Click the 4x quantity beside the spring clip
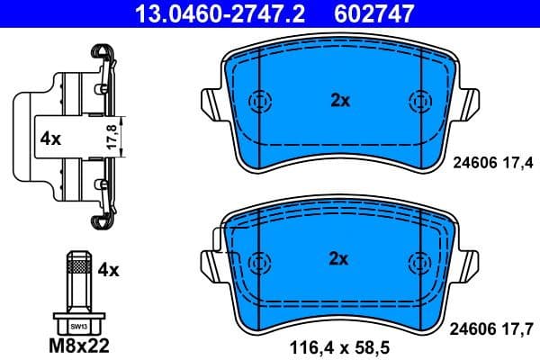(x=49, y=139)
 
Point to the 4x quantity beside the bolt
(x=108, y=269)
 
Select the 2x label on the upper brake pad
(x=339, y=101)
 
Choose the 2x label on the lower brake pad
(x=339, y=260)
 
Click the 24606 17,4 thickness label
(x=491, y=162)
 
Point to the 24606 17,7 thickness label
(x=491, y=328)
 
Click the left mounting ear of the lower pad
(x=208, y=261)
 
